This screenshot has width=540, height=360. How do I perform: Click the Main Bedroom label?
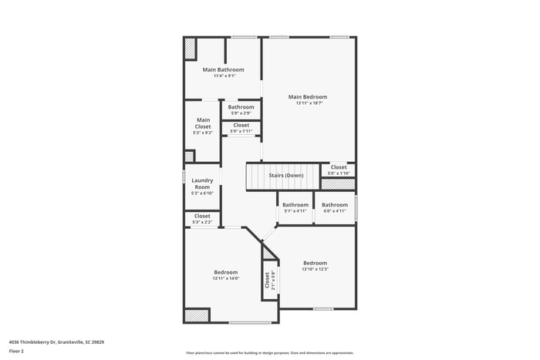(308, 97)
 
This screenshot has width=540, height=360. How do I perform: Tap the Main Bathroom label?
(223, 69)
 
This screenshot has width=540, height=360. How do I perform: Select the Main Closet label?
(203, 123)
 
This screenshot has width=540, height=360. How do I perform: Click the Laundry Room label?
(202, 183)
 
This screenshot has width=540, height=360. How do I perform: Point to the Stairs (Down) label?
(285, 175)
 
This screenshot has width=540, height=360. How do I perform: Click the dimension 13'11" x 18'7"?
(308, 103)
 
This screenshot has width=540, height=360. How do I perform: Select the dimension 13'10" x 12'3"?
(315, 269)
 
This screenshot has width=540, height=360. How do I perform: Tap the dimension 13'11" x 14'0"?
(225, 278)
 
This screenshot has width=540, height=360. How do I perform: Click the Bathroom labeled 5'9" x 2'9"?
(241, 107)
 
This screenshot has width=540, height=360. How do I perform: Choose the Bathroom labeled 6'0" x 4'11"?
(335, 205)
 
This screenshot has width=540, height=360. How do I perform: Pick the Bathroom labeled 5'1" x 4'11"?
(295, 205)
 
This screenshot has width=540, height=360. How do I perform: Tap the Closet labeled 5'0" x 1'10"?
(339, 167)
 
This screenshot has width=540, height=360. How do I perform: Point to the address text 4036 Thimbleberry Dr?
(56, 341)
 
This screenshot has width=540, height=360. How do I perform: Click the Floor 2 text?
(16, 351)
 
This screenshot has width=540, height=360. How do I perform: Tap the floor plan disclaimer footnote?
(268, 352)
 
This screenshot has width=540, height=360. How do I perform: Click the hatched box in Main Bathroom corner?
(190, 49)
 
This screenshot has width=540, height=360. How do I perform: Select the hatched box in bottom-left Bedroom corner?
(197, 315)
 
